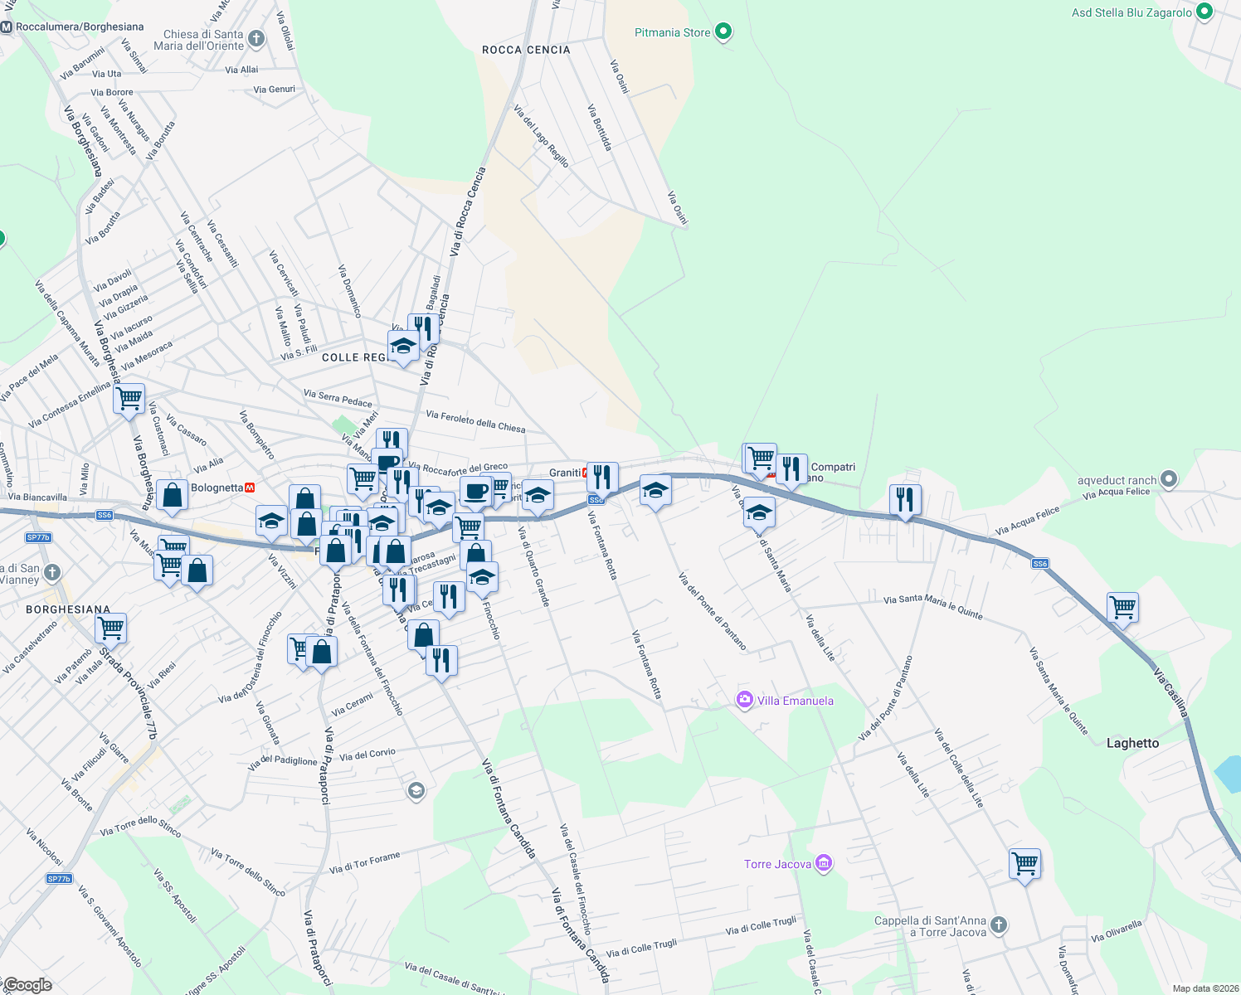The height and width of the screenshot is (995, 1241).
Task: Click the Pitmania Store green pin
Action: click(723, 32)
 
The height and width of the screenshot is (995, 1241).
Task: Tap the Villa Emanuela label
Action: click(795, 701)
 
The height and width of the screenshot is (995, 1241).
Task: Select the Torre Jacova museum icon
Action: click(823, 864)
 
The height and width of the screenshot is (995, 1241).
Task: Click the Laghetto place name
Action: click(1132, 743)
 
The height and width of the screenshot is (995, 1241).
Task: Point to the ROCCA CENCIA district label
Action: click(526, 50)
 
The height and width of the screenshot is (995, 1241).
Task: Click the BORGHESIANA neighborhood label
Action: click(68, 609)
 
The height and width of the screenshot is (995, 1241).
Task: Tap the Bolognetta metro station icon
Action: click(250, 488)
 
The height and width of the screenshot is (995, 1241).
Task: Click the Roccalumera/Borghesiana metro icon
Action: click(7, 27)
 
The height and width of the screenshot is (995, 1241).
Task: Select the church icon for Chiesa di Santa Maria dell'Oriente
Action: click(256, 38)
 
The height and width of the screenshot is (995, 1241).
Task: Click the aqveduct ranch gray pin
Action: click(1169, 479)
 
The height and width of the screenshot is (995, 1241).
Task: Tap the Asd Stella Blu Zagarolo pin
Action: click(1204, 12)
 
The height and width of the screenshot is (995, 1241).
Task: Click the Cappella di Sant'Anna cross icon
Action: click(999, 925)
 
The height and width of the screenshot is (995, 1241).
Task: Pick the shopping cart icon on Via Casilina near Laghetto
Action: click(1122, 607)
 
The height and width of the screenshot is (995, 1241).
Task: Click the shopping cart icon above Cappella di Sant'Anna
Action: click(1024, 863)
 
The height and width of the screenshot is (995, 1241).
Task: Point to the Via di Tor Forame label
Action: click(364, 863)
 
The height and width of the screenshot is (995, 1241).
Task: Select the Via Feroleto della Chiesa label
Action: click(475, 421)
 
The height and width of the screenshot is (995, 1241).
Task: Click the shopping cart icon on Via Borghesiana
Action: click(129, 399)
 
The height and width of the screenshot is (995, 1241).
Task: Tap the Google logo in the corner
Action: click(27, 985)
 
